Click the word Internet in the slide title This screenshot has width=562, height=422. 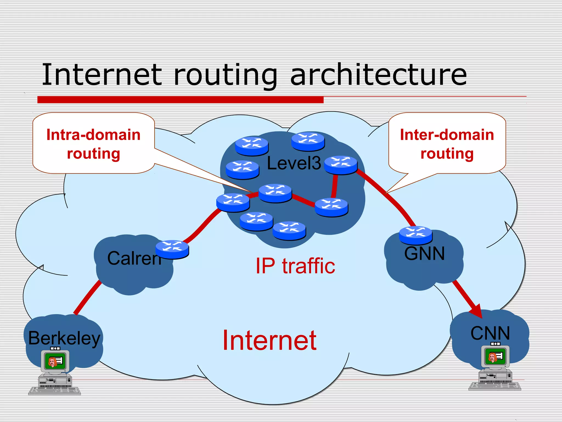coord(102,75)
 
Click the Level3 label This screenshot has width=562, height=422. coord(294,163)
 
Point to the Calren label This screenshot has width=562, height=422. coord(134,258)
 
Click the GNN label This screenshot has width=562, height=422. coord(424,253)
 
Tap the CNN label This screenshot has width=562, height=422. coord(490,333)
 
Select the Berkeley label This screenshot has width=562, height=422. coord(64,338)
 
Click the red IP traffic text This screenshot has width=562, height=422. coord(295,266)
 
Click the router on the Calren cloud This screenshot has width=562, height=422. coord(172,249)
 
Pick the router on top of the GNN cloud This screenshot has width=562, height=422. coord(415,235)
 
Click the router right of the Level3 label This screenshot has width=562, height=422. coord(341,165)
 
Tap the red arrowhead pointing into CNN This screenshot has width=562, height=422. coord(477,312)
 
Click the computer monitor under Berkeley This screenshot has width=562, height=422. coord(55,362)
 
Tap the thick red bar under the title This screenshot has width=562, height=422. coord(180,100)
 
